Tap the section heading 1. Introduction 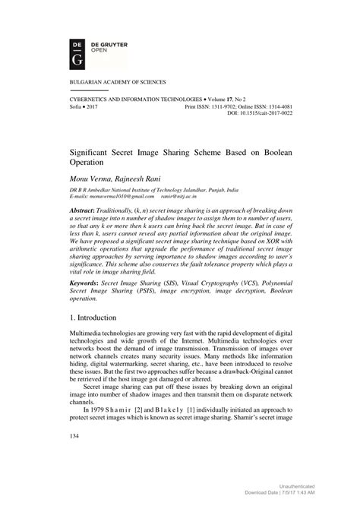[96, 337]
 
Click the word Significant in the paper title [91, 152]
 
